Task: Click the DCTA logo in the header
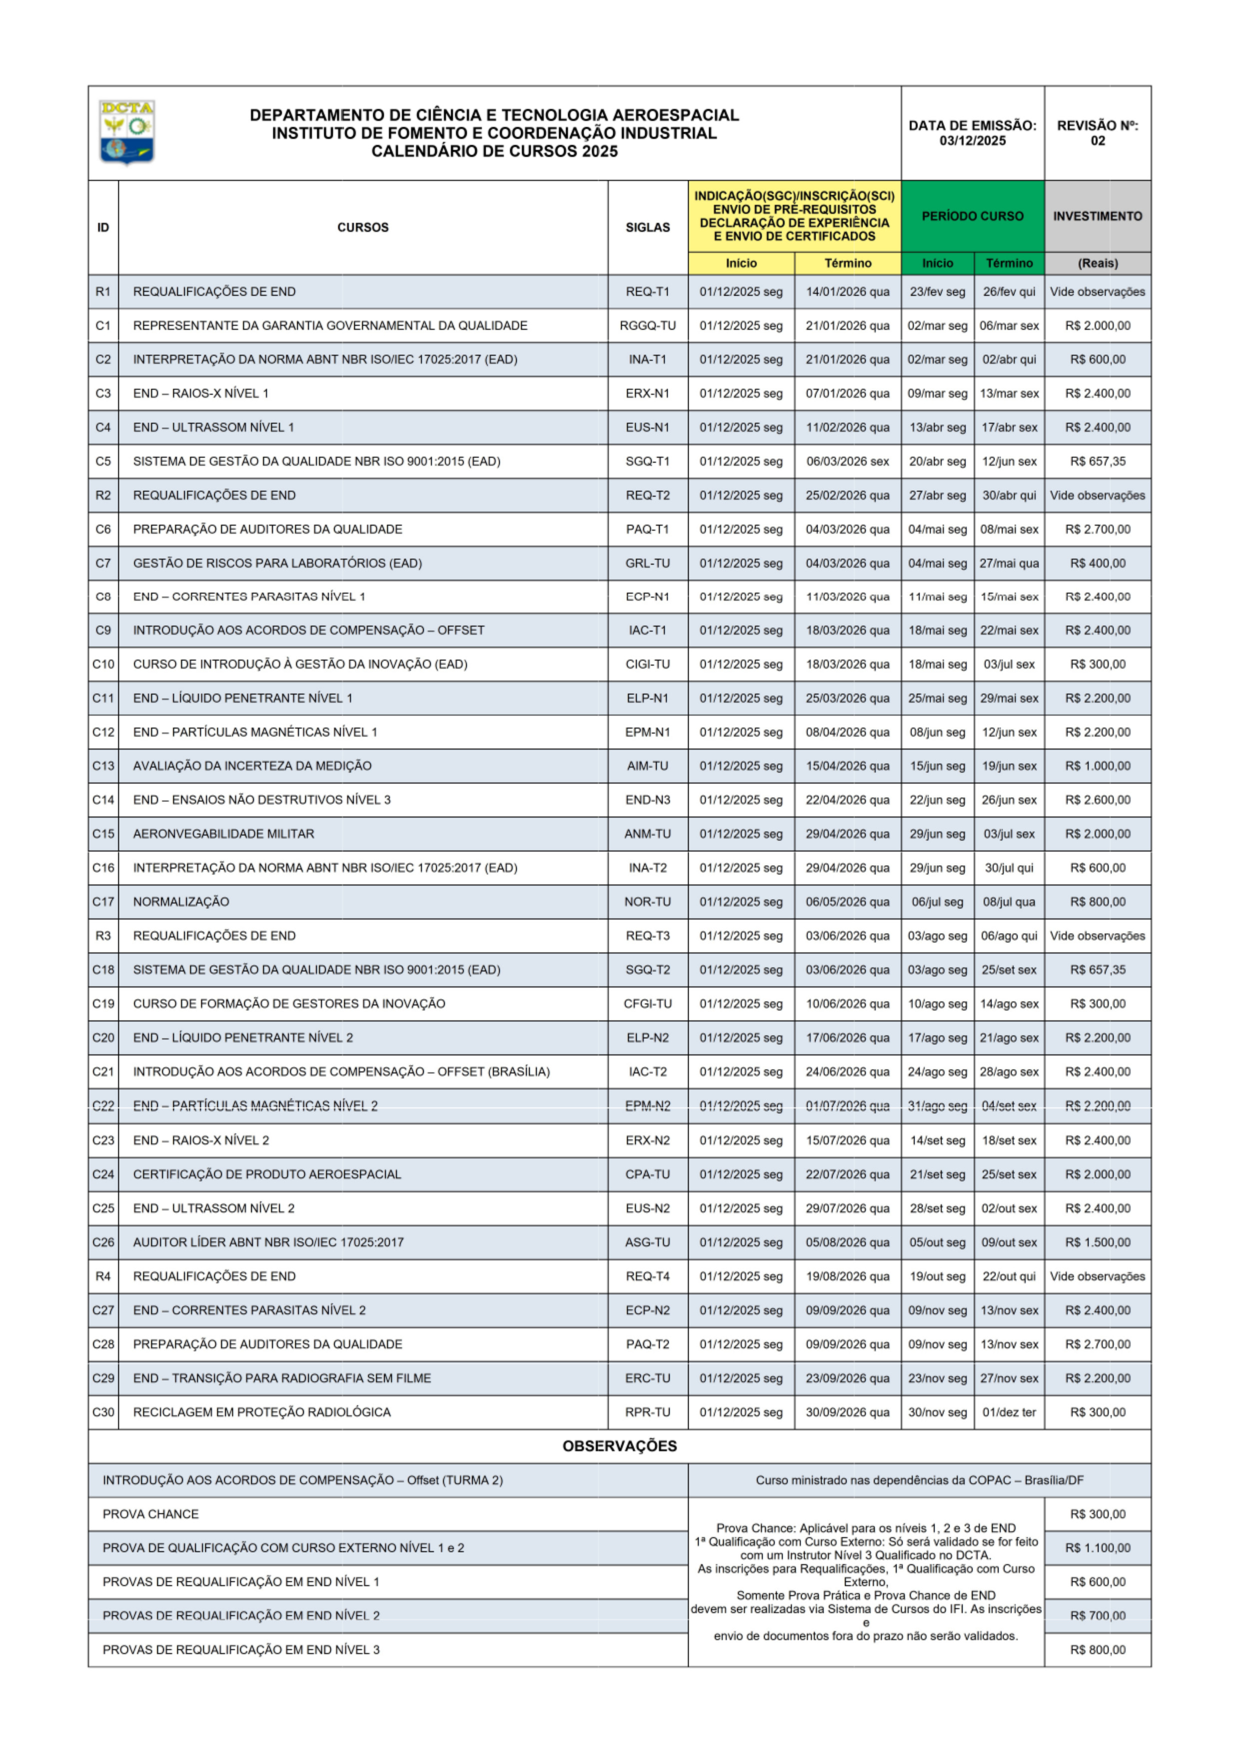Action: point(127,132)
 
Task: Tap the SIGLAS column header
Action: point(647,228)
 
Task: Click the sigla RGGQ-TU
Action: point(647,325)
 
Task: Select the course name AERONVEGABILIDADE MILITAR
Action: point(223,834)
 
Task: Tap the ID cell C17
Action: point(103,901)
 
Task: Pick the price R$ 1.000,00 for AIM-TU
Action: point(1098,766)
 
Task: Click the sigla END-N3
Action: point(647,800)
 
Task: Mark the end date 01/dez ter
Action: point(1009,1412)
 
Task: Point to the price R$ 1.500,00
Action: point(1098,1242)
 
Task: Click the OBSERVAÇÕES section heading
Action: point(620,1446)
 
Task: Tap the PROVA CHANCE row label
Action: point(150,1514)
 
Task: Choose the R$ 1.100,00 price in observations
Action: point(1098,1548)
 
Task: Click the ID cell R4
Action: point(103,1276)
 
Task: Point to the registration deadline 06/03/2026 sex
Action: point(848,461)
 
